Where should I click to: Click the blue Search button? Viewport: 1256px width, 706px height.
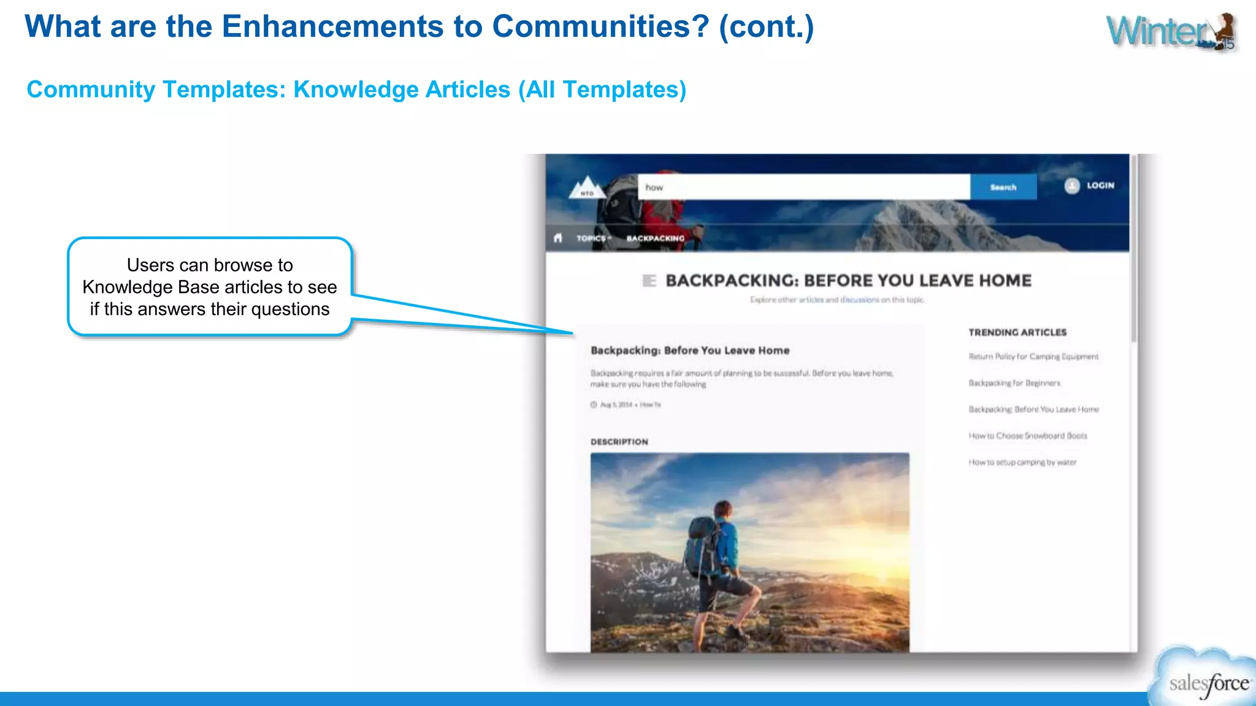[x=1003, y=187]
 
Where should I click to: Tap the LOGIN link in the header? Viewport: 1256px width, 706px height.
[x=1100, y=185]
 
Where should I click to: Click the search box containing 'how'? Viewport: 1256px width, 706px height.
[x=803, y=187]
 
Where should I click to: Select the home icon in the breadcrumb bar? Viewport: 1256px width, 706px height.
[x=557, y=238]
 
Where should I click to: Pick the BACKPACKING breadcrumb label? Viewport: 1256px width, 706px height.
[x=655, y=238]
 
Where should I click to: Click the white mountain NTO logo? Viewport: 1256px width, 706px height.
[x=587, y=188]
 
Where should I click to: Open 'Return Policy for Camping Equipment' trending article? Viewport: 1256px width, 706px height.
[x=1033, y=356]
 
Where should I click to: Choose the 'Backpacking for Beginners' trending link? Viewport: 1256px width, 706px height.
[x=1014, y=383]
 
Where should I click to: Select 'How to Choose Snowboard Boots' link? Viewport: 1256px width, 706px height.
[x=1028, y=436]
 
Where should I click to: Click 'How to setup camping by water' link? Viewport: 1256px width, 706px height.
[x=1022, y=462]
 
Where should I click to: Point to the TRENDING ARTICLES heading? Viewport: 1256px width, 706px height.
[x=1017, y=332]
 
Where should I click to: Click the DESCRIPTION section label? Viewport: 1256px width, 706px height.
[x=619, y=441]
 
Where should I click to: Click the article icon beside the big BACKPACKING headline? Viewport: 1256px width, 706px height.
[x=649, y=281]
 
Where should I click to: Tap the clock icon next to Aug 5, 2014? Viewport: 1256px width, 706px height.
[x=594, y=404]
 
